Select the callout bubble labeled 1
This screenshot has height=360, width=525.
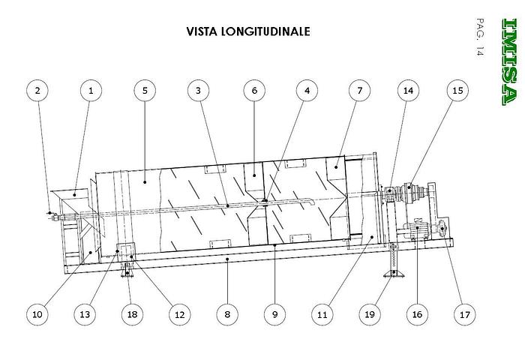91,91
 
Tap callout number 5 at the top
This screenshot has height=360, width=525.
145,91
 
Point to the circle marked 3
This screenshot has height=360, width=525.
198,91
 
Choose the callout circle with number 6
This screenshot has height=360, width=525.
254,91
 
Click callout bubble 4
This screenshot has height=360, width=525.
307,91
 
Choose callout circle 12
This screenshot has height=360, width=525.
178,315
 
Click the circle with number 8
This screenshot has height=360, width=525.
227,315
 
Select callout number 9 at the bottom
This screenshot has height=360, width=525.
274,315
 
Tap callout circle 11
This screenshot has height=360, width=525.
322,315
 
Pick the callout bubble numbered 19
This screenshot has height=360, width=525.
369,315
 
